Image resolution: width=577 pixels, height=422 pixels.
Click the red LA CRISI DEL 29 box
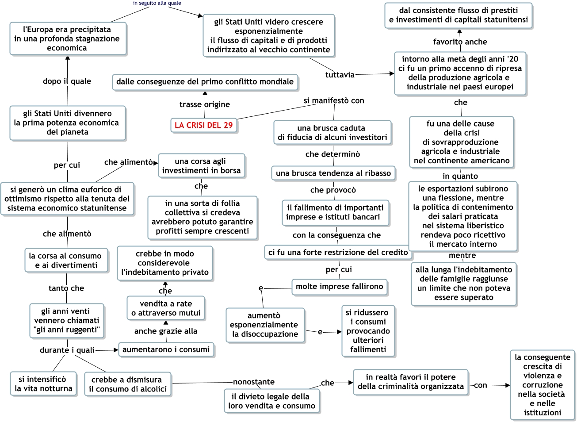203,125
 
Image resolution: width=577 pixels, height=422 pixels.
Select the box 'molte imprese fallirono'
339,287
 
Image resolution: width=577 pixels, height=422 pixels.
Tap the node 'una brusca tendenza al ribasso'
333,173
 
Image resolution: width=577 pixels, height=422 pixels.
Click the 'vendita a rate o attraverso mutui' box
166,308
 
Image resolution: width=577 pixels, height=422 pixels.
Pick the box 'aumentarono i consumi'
166,349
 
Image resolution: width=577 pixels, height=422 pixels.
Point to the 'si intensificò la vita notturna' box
43,384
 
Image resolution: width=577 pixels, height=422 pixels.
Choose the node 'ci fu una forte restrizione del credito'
338,252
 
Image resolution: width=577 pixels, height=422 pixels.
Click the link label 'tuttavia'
340,75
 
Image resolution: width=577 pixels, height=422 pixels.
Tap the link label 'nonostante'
254,382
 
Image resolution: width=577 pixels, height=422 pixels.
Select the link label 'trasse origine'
204,104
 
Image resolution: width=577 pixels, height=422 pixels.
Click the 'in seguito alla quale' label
157,3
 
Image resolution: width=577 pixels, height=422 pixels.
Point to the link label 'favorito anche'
460,42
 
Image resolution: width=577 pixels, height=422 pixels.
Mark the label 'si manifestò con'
334,100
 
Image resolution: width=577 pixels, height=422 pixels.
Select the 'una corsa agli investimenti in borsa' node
201,166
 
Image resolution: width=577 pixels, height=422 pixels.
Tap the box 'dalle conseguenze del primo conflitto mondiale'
205,82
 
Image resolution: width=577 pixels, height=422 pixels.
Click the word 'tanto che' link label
66,288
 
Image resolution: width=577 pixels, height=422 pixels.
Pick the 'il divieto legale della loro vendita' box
271,401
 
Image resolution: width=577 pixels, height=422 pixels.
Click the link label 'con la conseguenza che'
336,235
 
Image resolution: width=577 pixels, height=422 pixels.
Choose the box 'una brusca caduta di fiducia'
332,133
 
